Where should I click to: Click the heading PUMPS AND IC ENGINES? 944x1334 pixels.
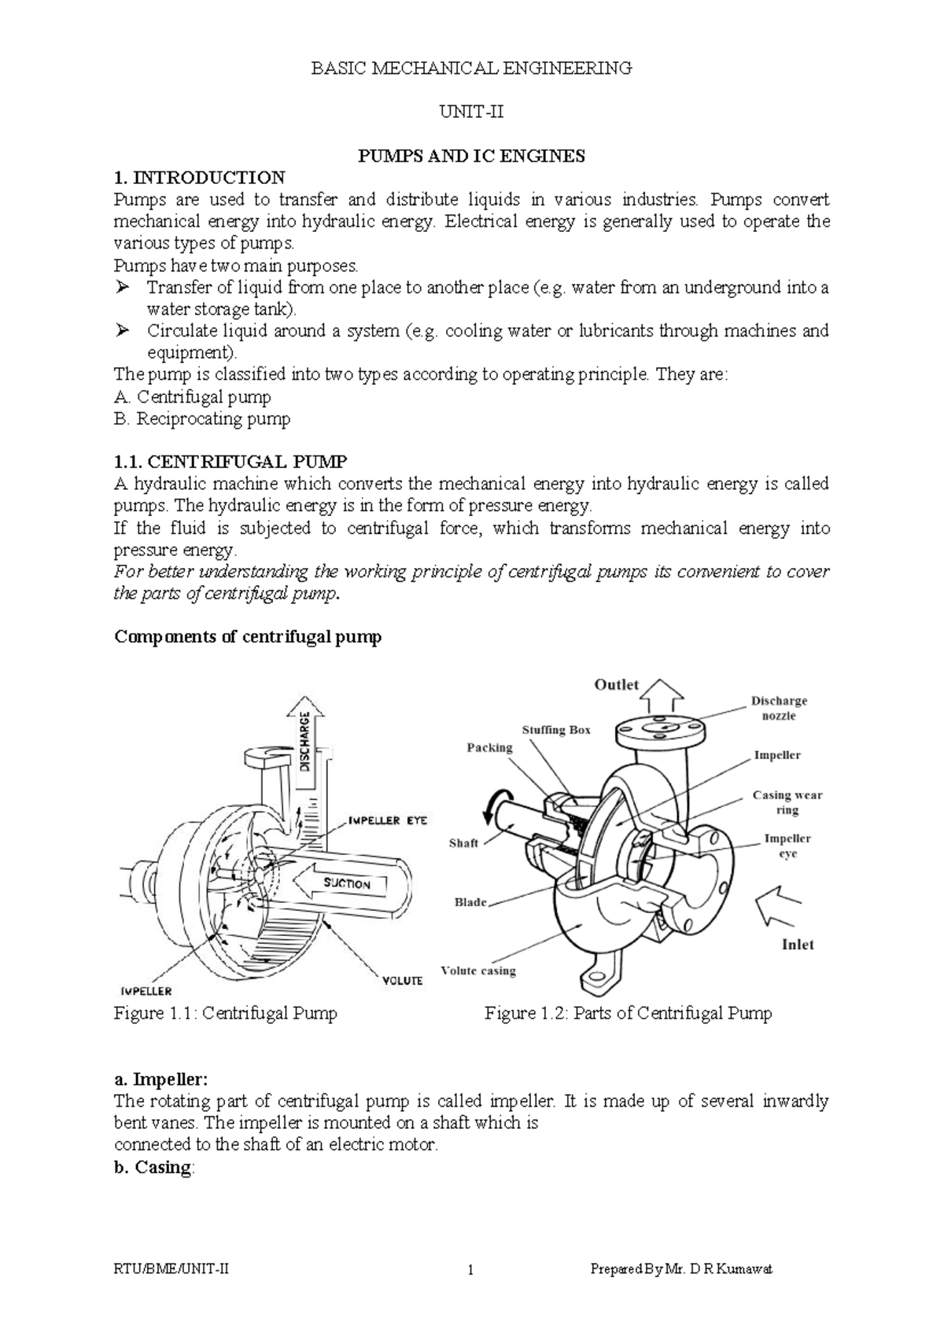click(x=471, y=156)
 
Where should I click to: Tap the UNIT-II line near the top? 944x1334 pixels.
click(x=471, y=112)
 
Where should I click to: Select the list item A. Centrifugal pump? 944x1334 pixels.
click(x=193, y=397)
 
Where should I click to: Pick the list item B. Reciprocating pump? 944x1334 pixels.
click(x=202, y=419)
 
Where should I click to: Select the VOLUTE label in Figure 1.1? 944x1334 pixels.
click(x=402, y=980)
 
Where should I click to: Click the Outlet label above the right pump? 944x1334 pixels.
click(x=616, y=684)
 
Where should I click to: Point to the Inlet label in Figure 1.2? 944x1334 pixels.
click(x=797, y=945)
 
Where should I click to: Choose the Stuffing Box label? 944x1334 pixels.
click(x=555, y=730)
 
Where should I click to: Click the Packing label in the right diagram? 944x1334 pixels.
click(x=489, y=747)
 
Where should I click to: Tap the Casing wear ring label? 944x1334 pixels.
click(x=787, y=802)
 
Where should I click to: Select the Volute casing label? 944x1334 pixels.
click(x=478, y=971)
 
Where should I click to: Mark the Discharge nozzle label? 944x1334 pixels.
click(x=778, y=708)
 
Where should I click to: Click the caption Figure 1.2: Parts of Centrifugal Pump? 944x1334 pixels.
click(x=628, y=1013)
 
